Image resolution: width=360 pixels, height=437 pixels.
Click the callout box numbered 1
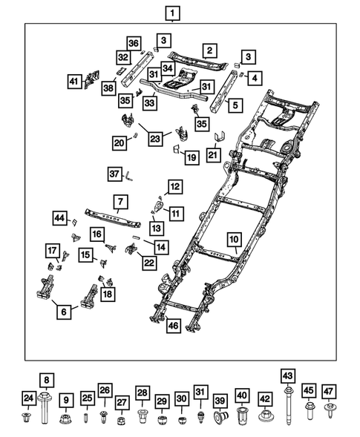coord(172,13)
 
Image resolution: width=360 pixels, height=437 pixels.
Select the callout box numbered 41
coord(74,82)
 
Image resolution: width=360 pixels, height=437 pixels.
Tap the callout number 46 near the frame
coord(174,326)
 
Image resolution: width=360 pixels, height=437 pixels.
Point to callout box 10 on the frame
coord(235,240)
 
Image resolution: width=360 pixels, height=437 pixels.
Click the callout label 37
coord(114,174)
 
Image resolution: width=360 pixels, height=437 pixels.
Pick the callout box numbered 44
coord(60,218)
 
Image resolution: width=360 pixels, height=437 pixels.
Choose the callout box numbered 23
coord(155,139)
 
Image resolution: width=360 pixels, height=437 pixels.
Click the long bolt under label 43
coord(288,404)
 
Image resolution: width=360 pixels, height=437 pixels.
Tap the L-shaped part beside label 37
coord(129,177)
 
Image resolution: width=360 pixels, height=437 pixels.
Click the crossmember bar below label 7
coord(113,218)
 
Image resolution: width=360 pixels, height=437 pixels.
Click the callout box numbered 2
coord(209,50)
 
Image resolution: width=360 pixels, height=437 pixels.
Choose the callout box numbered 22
coord(149,263)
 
